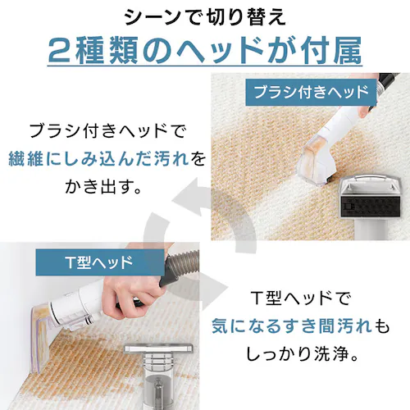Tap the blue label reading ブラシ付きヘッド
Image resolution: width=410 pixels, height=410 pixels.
pos(311,92)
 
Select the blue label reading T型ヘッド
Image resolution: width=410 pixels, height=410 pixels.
pos(100,262)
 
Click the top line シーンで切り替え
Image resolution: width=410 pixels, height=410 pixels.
pos(205,18)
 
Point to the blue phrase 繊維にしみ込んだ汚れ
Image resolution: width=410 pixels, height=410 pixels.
pos(98,158)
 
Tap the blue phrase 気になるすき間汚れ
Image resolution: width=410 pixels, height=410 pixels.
pos(291,326)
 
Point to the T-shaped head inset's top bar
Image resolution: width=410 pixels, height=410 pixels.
pos(158,348)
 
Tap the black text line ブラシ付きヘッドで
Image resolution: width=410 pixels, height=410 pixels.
pos(107,130)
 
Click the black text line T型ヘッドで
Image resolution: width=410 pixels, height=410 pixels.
pos(301,298)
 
